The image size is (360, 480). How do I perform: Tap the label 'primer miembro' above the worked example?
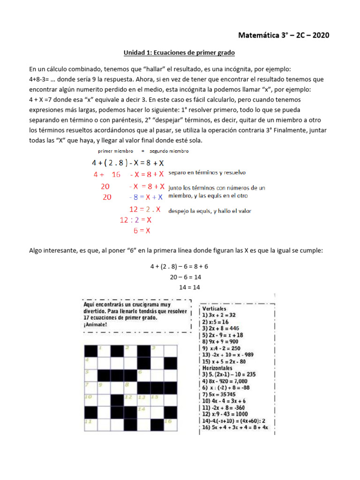pyautogui.click(x=115, y=151)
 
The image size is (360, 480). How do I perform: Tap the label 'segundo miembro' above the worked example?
pyautogui.click(x=170, y=151)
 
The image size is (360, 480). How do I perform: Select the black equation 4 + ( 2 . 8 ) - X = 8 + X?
pyautogui.click(x=127, y=163)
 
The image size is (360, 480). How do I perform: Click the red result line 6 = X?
pyautogui.click(x=142, y=231)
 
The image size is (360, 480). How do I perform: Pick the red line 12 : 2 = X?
pyautogui.click(x=135, y=219)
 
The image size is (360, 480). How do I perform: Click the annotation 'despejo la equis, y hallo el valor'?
pyautogui.click(x=210, y=211)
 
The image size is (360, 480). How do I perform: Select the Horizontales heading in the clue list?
pyautogui.click(x=218, y=368)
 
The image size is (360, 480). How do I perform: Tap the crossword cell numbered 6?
pyautogui.click(x=143, y=375)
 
